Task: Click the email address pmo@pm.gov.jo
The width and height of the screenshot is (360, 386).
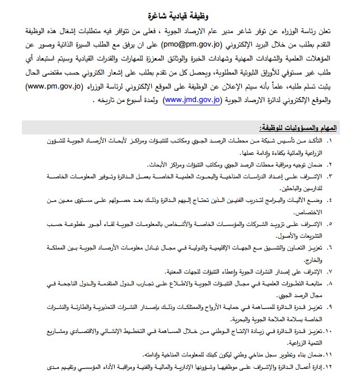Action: [x=193, y=42]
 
